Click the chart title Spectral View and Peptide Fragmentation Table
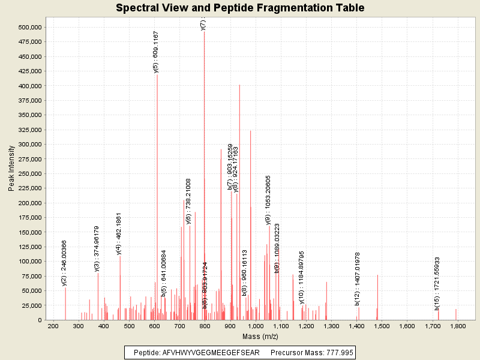tap(240, 8)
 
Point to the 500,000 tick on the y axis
tap(29, 28)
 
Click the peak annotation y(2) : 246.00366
tap(64, 263)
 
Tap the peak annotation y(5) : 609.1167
tap(156, 52)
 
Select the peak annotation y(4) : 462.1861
tap(119, 233)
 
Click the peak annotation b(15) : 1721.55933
tap(437, 283)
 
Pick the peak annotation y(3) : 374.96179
tap(97, 249)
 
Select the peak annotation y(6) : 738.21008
tap(188, 201)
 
